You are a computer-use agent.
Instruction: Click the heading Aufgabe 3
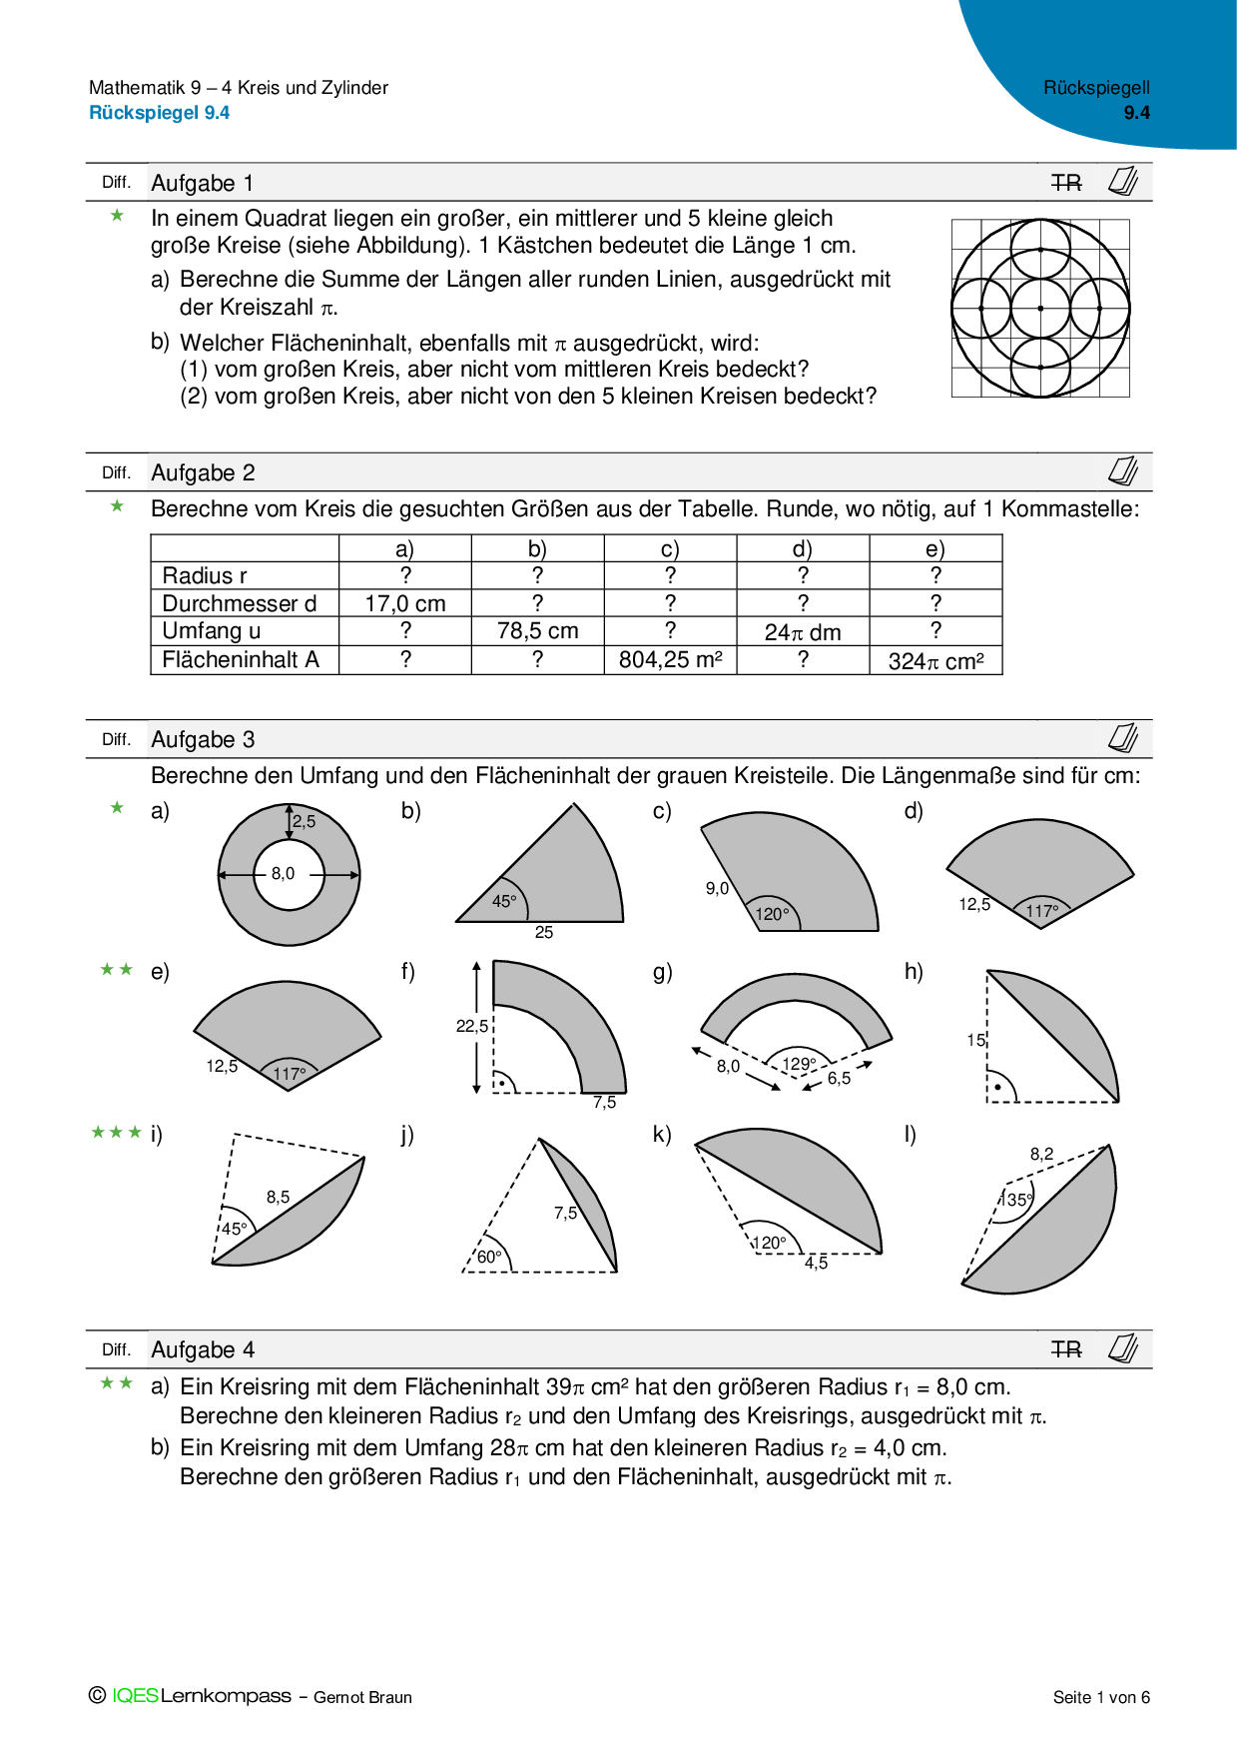point(203,739)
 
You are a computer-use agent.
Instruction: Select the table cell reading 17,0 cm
point(404,603)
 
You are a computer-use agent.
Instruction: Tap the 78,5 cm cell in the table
point(537,631)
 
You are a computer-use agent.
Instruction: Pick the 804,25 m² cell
point(670,659)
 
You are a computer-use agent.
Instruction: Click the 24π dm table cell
point(803,632)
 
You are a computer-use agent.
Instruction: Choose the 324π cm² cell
point(935,660)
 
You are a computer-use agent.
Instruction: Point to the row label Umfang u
point(212,631)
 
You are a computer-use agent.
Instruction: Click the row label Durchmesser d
point(240,603)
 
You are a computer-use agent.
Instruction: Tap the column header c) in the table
point(670,548)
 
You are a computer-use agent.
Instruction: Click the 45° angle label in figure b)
point(504,901)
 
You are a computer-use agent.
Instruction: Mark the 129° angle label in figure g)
point(799,1064)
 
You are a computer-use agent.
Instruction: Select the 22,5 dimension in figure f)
point(472,1026)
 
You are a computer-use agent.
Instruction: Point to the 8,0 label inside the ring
point(283,874)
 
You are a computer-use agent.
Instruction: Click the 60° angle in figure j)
point(489,1257)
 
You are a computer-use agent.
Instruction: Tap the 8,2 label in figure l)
point(1041,1154)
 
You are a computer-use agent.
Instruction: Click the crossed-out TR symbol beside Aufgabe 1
point(1066,183)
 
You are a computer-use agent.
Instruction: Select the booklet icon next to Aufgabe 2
point(1123,471)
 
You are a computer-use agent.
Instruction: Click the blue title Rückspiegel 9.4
point(160,113)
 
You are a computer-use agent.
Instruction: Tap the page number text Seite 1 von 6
point(1101,1697)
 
